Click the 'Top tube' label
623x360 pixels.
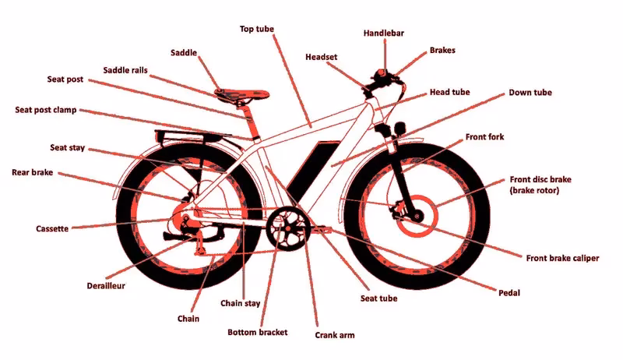[257, 29]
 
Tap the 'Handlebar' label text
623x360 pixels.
[384, 34]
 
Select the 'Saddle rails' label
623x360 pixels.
[125, 71]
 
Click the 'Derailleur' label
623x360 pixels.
[108, 285]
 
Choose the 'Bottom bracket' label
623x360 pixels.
[257, 332]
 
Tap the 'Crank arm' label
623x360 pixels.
[336, 336]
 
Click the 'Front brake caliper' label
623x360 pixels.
[563, 258]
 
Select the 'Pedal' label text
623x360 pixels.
[509, 293]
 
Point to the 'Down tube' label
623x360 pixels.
[530, 93]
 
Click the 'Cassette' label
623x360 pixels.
[52, 229]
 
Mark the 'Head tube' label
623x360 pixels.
[449, 92]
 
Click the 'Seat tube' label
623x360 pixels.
[377, 298]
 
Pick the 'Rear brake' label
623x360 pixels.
[32, 172]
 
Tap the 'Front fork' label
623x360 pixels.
[484, 137]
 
